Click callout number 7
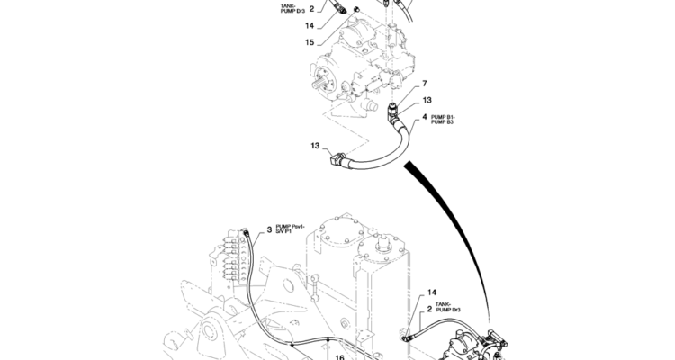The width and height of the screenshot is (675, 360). (x=425, y=83)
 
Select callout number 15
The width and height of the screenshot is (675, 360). (x=310, y=42)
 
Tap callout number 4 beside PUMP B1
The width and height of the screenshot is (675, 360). (x=425, y=117)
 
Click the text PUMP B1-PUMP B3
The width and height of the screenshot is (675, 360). (x=443, y=120)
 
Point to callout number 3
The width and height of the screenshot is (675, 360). (x=269, y=230)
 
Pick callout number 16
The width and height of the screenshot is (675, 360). (x=339, y=357)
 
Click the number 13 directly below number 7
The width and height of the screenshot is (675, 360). (x=427, y=100)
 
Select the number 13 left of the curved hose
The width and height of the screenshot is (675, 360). (x=315, y=146)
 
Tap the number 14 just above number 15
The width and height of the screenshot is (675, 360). (x=310, y=26)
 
